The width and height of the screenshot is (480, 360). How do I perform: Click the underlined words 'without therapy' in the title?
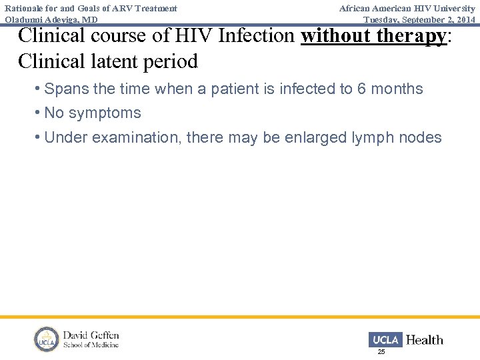coord(373,35)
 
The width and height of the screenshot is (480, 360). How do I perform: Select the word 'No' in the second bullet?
coord(54,113)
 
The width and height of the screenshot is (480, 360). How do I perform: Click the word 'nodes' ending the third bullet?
coord(419,137)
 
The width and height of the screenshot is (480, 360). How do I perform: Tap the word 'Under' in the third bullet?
coord(65,137)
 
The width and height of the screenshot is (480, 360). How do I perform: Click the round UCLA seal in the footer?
coord(47,339)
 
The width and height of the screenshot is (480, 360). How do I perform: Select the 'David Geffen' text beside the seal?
coord(91,335)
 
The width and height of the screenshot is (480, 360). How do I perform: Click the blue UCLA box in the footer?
coord(385,340)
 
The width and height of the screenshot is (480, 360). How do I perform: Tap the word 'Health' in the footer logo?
coord(425,340)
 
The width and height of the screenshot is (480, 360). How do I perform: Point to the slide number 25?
coord(381,351)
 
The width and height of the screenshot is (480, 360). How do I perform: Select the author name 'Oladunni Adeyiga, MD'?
coord(51,20)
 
